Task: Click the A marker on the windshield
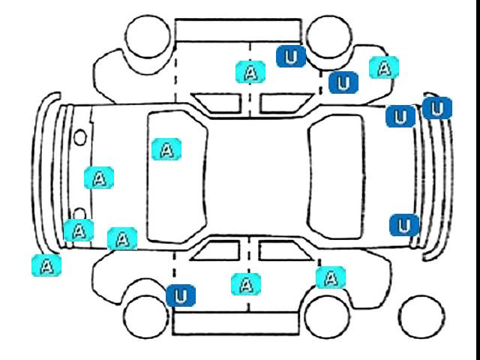pos(166,149)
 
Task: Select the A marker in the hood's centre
pos(99,178)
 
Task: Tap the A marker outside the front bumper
pos(46,265)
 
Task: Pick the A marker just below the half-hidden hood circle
pos(78,230)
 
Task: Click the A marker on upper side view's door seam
pos(250,71)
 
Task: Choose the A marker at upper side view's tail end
pos(384,67)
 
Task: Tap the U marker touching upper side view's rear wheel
pos(290,55)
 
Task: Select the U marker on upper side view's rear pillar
pos(343,82)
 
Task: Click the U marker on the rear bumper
pos(437,109)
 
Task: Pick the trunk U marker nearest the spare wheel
pos(404,225)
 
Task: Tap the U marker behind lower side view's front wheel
pos(180,295)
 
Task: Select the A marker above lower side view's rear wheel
pos(330,277)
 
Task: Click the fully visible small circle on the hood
pos(80,137)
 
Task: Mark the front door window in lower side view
pos(215,250)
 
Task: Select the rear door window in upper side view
pos(282,103)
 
